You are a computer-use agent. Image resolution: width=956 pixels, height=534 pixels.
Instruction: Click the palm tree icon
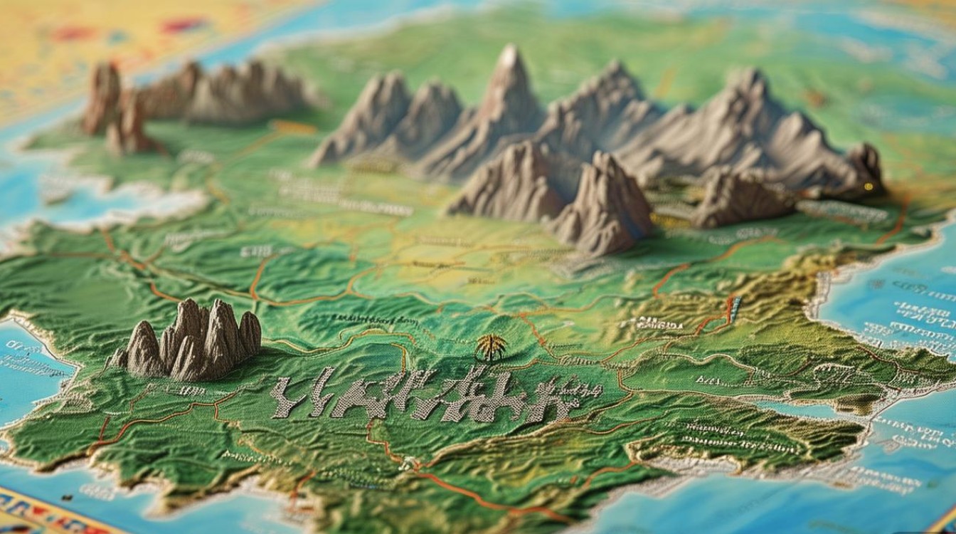click(492, 347)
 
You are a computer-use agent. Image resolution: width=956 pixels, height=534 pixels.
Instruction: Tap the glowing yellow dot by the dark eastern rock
click(867, 187)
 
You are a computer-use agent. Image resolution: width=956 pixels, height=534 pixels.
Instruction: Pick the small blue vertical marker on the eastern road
click(735, 309)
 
